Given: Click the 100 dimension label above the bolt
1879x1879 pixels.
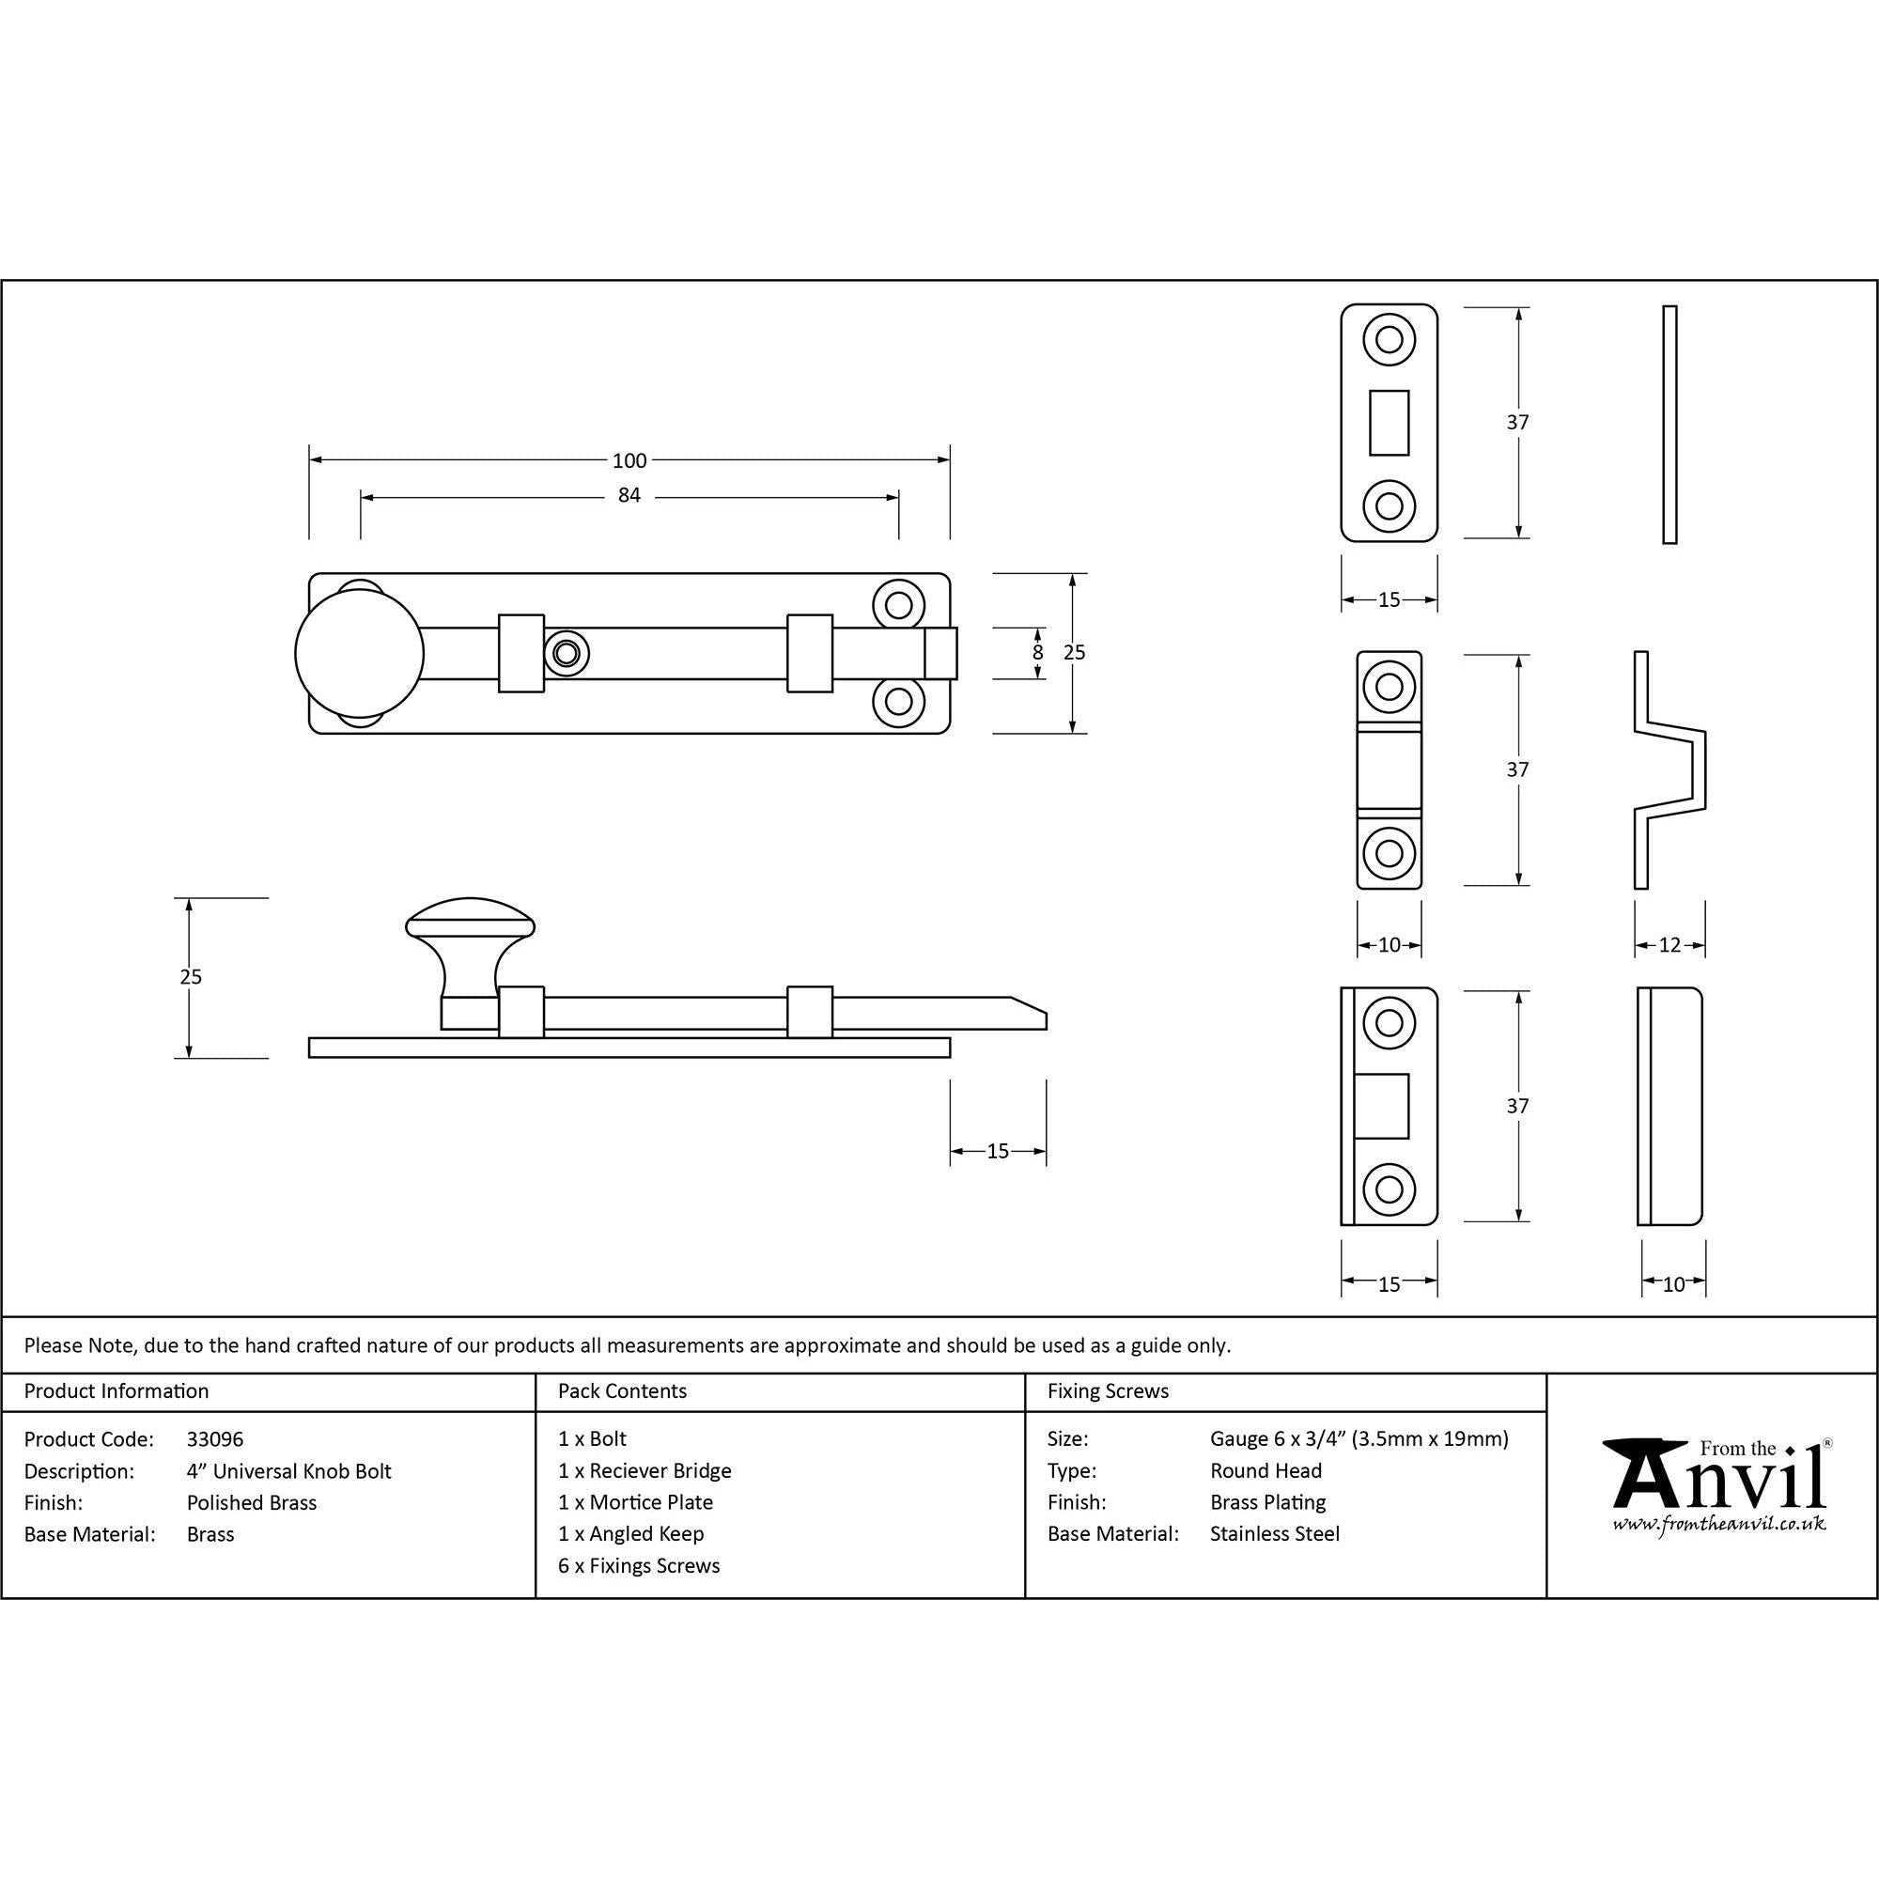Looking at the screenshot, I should click(x=629, y=460).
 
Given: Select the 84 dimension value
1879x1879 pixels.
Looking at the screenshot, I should click(x=629, y=496).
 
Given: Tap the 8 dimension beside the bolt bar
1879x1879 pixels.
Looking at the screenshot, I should click(x=1038, y=653).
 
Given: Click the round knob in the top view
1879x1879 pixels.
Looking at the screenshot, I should click(x=359, y=654).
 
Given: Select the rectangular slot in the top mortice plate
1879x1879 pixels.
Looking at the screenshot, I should click(x=1389, y=422).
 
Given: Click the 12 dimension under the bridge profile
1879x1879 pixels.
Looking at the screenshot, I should click(x=1669, y=944).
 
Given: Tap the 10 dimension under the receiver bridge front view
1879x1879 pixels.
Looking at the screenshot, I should click(x=1389, y=944).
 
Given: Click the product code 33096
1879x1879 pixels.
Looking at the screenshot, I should click(x=215, y=1439).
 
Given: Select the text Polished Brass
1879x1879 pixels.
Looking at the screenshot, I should click(x=251, y=1502).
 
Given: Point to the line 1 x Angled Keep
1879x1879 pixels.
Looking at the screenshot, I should click(x=630, y=1534).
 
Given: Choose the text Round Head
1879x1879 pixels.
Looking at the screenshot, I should click(x=1266, y=1470).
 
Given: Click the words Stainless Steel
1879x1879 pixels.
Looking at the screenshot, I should click(x=1274, y=1534).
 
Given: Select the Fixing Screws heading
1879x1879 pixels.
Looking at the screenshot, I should click(x=1107, y=1390).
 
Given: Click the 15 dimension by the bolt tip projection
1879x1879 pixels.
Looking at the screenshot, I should click(x=998, y=1152).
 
